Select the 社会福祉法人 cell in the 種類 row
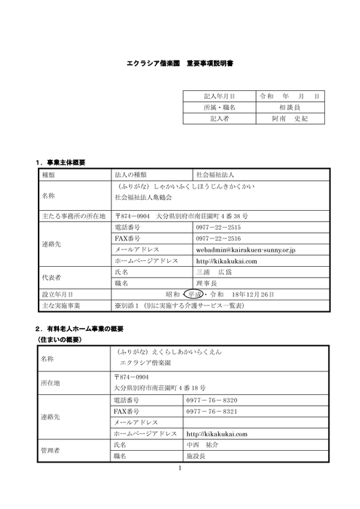(218, 175)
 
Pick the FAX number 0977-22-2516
(218, 239)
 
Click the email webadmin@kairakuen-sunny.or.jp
(244, 249)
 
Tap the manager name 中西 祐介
(202, 444)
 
